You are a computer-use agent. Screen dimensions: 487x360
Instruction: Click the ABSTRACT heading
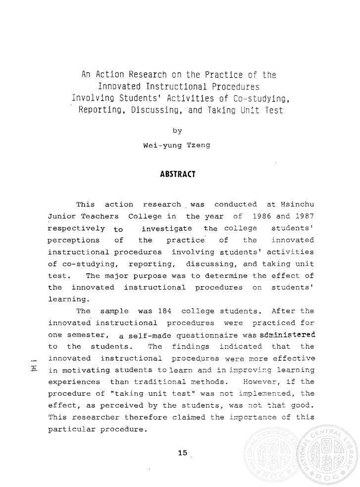point(177,174)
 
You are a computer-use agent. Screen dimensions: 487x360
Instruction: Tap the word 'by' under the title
point(177,131)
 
